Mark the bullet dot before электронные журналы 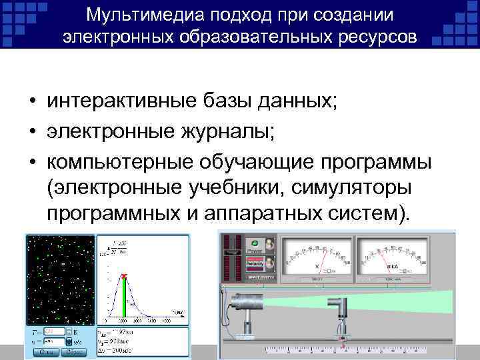31,131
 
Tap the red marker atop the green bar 124,276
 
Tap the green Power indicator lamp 254,244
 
